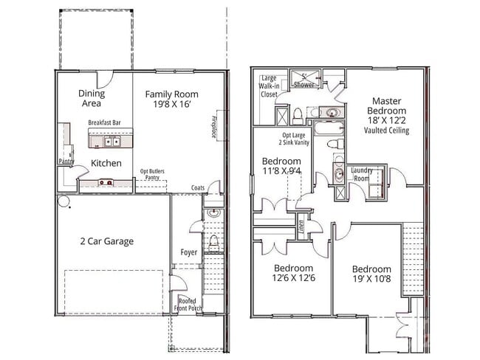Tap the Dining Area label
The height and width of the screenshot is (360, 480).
pyautogui.click(x=92, y=99)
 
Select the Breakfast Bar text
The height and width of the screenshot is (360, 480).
pyautogui.click(x=104, y=122)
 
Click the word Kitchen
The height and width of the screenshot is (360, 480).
pyautogui.click(x=106, y=163)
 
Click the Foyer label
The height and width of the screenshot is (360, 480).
pyautogui.click(x=190, y=252)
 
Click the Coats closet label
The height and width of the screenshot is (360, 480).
pyautogui.click(x=197, y=187)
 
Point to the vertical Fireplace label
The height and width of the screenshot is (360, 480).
pyautogui.click(x=213, y=127)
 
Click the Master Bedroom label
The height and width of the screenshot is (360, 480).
pyautogui.click(x=386, y=106)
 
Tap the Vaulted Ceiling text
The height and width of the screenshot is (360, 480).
pyautogui.click(x=386, y=131)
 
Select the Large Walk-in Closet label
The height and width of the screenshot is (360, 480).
pyautogui.click(x=269, y=86)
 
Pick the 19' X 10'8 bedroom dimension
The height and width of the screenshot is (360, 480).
pyautogui.click(x=371, y=280)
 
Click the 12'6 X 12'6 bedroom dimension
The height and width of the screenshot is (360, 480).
pyautogui.click(x=293, y=278)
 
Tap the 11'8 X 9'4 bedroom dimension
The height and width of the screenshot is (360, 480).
pyautogui.click(x=281, y=171)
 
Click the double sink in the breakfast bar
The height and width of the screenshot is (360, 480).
pyautogui.click(x=111, y=141)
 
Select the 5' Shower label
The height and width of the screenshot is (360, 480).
pyautogui.click(x=304, y=81)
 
